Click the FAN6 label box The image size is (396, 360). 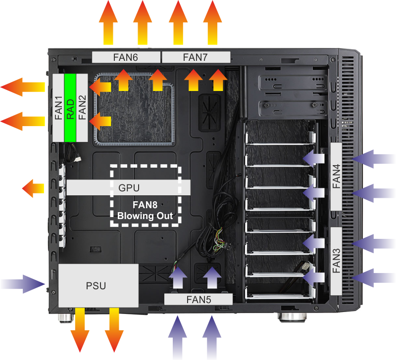[126, 57]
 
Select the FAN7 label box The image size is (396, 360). [197, 57]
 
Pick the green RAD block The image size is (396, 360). [70, 108]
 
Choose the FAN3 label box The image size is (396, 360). [337, 260]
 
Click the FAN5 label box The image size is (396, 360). [198, 299]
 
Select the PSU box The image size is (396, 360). [98, 285]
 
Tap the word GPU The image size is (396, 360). [129, 188]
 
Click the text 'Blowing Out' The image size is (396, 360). [145, 216]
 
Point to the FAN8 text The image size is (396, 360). [145, 205]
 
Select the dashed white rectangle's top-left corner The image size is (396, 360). [111, 166]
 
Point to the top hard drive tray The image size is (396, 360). [280, 135]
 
